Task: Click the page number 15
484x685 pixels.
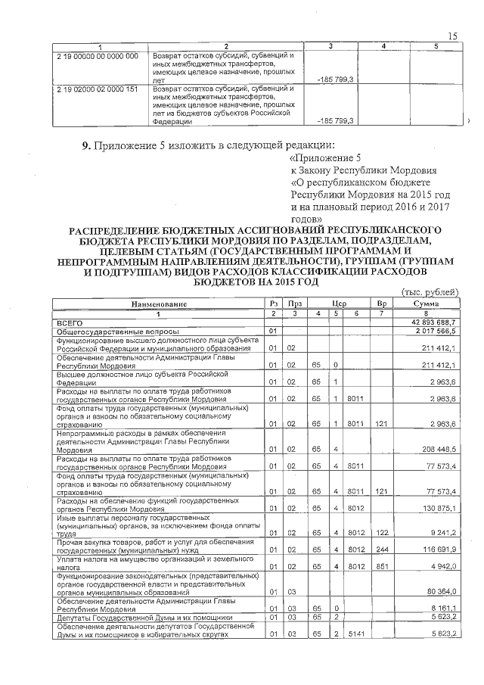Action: click(x=453, y=36)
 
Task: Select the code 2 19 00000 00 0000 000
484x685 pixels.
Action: click(x=98, y=56)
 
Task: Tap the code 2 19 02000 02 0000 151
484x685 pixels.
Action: click(x=98, y=89)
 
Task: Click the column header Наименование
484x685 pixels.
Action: click(x=159, y=304)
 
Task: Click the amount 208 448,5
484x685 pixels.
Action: click(x=439, y=449)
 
